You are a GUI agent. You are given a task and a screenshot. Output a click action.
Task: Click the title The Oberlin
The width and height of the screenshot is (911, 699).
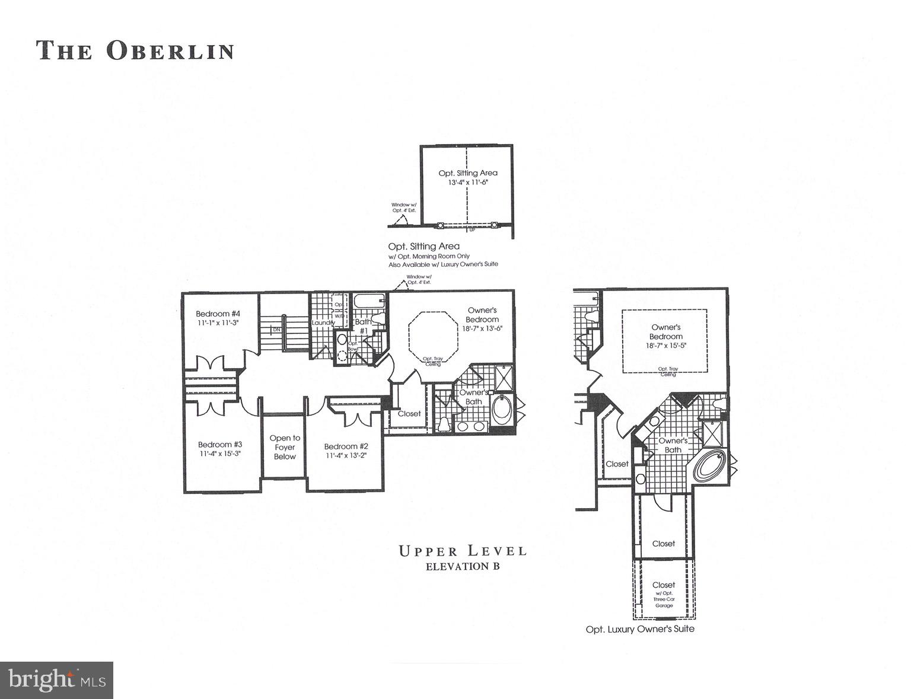[135, 50]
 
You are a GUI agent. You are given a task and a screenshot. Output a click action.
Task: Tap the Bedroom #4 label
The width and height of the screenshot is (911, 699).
[218, 314]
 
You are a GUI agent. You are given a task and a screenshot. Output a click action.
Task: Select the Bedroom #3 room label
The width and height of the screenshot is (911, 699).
[219, 445]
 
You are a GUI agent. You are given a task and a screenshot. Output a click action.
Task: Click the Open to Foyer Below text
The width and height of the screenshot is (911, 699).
[285, 447]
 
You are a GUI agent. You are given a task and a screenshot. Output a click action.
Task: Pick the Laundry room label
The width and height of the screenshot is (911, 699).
[323, 323]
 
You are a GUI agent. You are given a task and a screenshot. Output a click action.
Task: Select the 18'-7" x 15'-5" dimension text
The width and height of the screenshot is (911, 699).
[666, 346]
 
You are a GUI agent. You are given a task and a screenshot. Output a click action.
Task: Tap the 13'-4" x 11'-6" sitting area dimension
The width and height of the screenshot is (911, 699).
[468, 183]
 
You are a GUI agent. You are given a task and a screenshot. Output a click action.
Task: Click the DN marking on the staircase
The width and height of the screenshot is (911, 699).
[276, 329]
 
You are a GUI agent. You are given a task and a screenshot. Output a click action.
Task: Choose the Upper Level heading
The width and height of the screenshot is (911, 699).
[463, 551]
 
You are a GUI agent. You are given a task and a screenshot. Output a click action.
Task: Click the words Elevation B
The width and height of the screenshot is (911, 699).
[463, 566]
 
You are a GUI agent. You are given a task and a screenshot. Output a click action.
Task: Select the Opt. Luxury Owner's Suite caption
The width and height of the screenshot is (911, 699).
[639, 629]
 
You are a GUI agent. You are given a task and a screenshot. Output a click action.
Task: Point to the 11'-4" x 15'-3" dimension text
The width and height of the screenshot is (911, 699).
[219, 454]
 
